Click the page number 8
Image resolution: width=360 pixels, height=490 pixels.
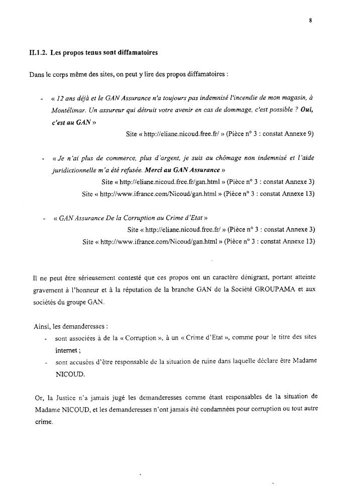click(x=312, y=21)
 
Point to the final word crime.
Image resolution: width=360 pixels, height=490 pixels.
click(x=44, y=424)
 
